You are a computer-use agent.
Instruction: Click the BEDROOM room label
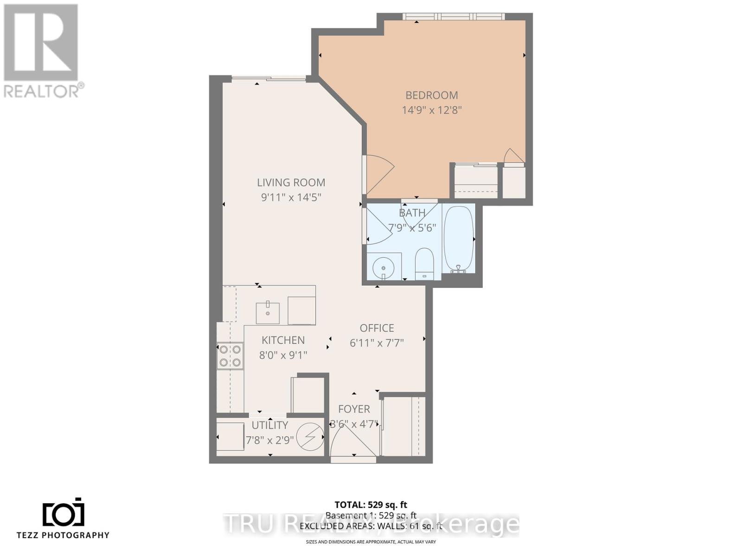point(431,95)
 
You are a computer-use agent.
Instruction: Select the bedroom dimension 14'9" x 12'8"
point(431,110)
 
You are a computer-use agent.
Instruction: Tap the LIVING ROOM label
point(291,182)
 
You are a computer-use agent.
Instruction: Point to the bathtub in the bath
point(458,239)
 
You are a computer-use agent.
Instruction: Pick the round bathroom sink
point(384,267)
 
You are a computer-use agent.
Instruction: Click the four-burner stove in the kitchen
point(230,356)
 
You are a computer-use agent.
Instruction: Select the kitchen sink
point(268,313)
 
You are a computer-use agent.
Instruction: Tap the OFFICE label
point(377,328)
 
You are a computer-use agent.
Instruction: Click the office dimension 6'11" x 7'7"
point(377,343)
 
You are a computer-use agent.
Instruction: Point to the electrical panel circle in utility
point(310,436)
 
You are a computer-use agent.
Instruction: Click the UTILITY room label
point(269,425)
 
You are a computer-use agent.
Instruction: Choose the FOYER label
point(354,409)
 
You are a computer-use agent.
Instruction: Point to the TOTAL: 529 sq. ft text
point(371,505)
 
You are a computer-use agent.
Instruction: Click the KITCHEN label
point(283,340)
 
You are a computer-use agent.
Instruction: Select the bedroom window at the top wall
point(453,17)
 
